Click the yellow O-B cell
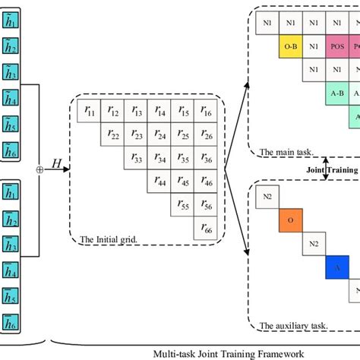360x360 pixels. coord(290,46)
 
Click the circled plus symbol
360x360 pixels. coord(39,170)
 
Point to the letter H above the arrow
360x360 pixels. coord(55,163)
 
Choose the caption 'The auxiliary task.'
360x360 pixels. coord(293,325)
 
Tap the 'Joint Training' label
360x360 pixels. coord(332,169)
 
